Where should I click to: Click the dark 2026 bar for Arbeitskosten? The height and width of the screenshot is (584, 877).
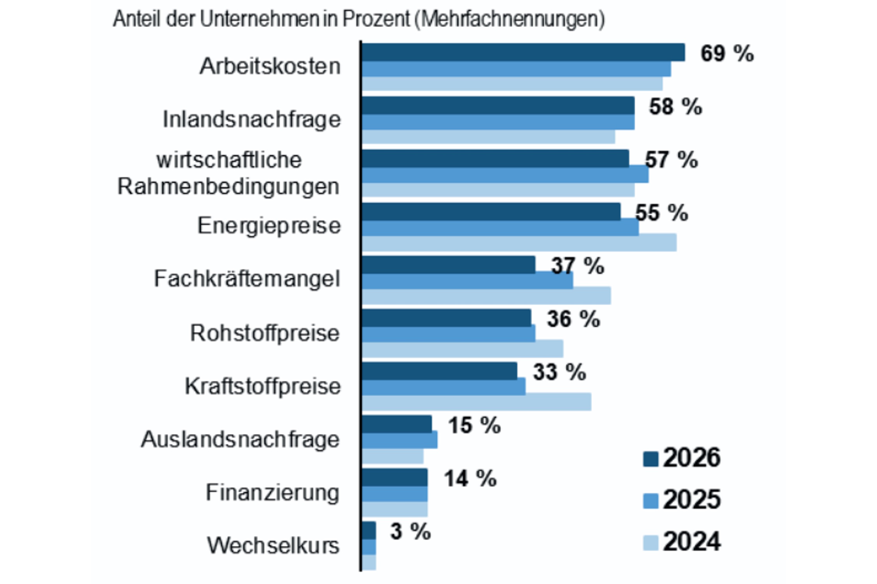click(x=522, y=52)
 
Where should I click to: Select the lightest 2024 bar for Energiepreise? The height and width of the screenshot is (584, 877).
click(x=518, y=243)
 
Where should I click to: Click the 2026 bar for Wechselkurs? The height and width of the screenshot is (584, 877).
click(x=369, y=530)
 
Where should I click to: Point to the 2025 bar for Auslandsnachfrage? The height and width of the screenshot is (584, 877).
click(x=399, y=440)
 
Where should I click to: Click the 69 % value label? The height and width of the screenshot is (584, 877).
click(x=727, y=53)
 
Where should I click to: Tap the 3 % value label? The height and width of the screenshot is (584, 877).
click(x=410, y=531)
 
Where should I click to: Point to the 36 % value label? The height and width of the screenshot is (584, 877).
click(x=573, y=319)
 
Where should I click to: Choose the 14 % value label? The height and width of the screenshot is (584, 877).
click(x=470, y=478)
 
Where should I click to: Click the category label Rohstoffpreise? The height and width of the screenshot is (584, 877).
click(x=265, y=333)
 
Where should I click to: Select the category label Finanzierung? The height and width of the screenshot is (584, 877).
click(x=272, y=493)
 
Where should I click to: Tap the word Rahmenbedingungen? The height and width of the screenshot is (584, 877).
click(x=228, y=186)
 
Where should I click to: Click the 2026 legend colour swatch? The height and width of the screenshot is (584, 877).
click(x=650, y=459)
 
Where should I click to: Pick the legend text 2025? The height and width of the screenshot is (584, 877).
click(x=691, y=500)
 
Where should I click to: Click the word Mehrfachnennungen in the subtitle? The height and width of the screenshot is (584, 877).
click(x=512, y=19)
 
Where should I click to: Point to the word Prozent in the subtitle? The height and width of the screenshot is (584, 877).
click(x=376, y=19)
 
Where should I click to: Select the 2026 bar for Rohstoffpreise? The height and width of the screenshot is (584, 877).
click(x=446, y=318)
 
